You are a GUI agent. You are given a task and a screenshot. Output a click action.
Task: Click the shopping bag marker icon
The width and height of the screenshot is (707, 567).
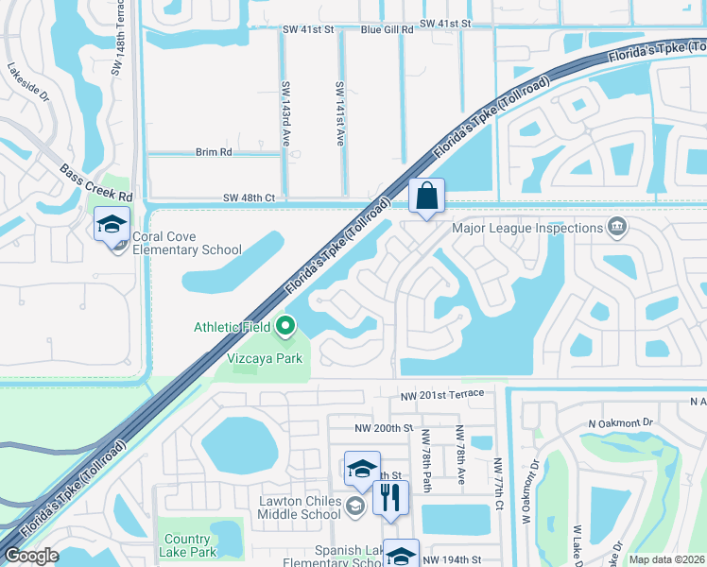426,197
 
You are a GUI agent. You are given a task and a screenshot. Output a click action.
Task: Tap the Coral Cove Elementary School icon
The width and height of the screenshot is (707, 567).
112,226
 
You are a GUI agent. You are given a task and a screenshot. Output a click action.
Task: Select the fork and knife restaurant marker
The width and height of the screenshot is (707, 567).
390,496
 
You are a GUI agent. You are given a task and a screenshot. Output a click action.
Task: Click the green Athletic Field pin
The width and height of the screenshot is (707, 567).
285,328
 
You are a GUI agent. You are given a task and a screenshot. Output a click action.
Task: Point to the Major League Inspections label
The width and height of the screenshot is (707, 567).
527,228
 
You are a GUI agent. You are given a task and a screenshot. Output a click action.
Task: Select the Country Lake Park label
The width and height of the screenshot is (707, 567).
187,545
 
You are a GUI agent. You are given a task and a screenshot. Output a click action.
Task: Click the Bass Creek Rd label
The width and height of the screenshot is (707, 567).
96,182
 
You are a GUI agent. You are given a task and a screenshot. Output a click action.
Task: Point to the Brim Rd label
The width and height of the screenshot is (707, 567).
213,152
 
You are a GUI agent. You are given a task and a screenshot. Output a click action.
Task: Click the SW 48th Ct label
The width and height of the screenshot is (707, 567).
249,198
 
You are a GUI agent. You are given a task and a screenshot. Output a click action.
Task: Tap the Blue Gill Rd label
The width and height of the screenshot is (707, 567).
388,29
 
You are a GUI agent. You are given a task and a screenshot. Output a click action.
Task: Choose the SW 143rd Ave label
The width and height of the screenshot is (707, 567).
285,112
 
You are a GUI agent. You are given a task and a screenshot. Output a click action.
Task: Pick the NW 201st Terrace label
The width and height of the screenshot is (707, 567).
441,393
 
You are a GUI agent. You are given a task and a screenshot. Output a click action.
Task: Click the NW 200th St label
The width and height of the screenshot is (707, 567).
385,428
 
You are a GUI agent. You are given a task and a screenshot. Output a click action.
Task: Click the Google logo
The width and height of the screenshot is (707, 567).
32,556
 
